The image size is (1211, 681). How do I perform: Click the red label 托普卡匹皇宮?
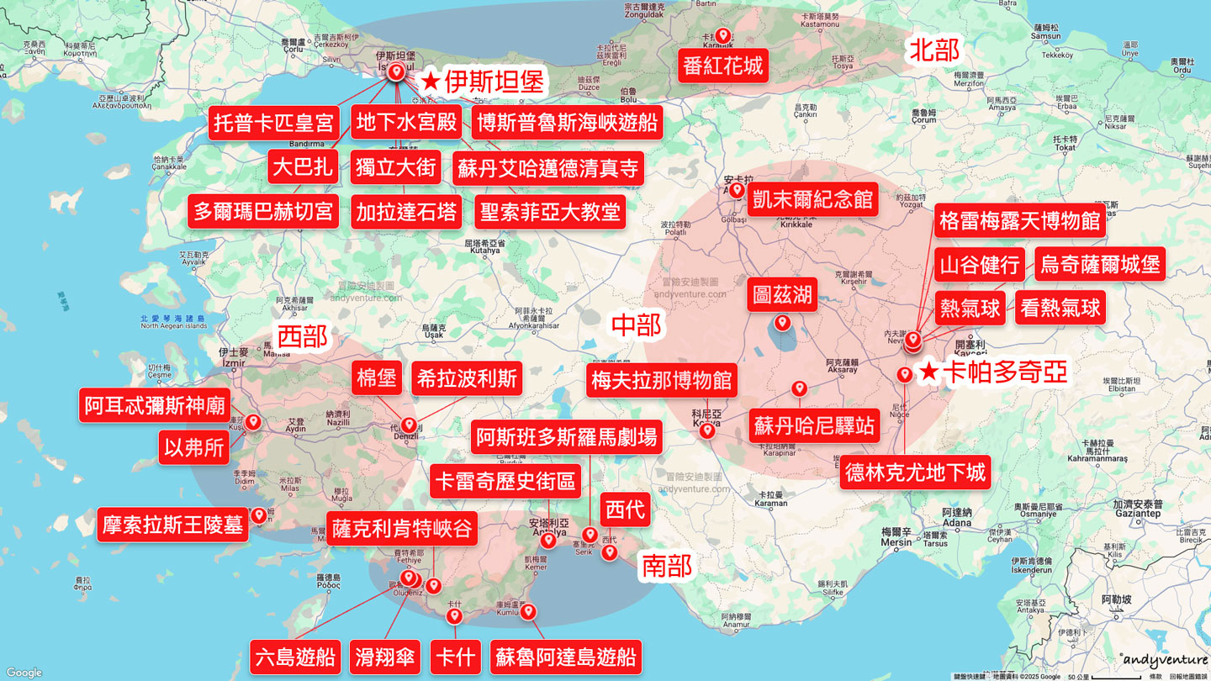coord(274,123)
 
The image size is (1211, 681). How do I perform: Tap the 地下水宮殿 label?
coord(407,123)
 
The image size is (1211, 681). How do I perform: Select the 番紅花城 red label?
coord(722,66)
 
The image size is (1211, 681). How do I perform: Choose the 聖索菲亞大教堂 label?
coord(550,211)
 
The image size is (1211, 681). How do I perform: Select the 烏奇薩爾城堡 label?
coord(1100,265)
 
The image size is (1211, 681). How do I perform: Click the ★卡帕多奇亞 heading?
coord(992,372)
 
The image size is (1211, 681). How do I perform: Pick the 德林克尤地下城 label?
coord(915,472)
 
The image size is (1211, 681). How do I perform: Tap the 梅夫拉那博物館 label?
coord(662,381)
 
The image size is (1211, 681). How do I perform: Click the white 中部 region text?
coord(636,325)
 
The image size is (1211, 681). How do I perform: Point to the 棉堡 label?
coord(377,378)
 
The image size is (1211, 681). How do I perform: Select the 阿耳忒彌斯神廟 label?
coord(155,405)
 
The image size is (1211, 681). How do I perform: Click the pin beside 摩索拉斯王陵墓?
coord(259,515)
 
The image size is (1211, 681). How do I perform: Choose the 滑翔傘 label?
coord(386,657)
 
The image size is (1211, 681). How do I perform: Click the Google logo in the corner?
coord(24,673)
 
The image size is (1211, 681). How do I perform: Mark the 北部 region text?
coord(934,50)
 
